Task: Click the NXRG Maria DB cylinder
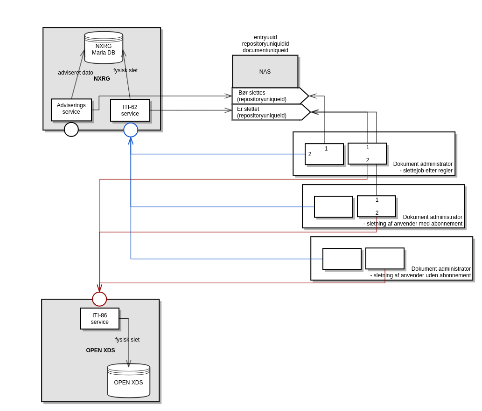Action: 104,48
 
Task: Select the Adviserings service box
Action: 71,110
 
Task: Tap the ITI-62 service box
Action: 130,110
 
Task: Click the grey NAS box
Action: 265,72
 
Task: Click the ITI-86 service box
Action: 100,319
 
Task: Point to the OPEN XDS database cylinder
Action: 129,381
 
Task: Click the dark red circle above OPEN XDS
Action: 99,299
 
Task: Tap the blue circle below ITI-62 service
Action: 131,130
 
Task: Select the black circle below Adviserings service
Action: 71,130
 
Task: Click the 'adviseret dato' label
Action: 76,73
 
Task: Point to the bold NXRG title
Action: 102,79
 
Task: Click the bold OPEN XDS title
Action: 100,350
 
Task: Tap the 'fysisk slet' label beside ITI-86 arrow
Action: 127,340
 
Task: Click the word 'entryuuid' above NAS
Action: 265,37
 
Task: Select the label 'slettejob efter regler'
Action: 426,171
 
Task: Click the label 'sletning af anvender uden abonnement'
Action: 420,275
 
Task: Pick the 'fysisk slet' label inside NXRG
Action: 126,70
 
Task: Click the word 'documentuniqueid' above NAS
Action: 265,50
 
